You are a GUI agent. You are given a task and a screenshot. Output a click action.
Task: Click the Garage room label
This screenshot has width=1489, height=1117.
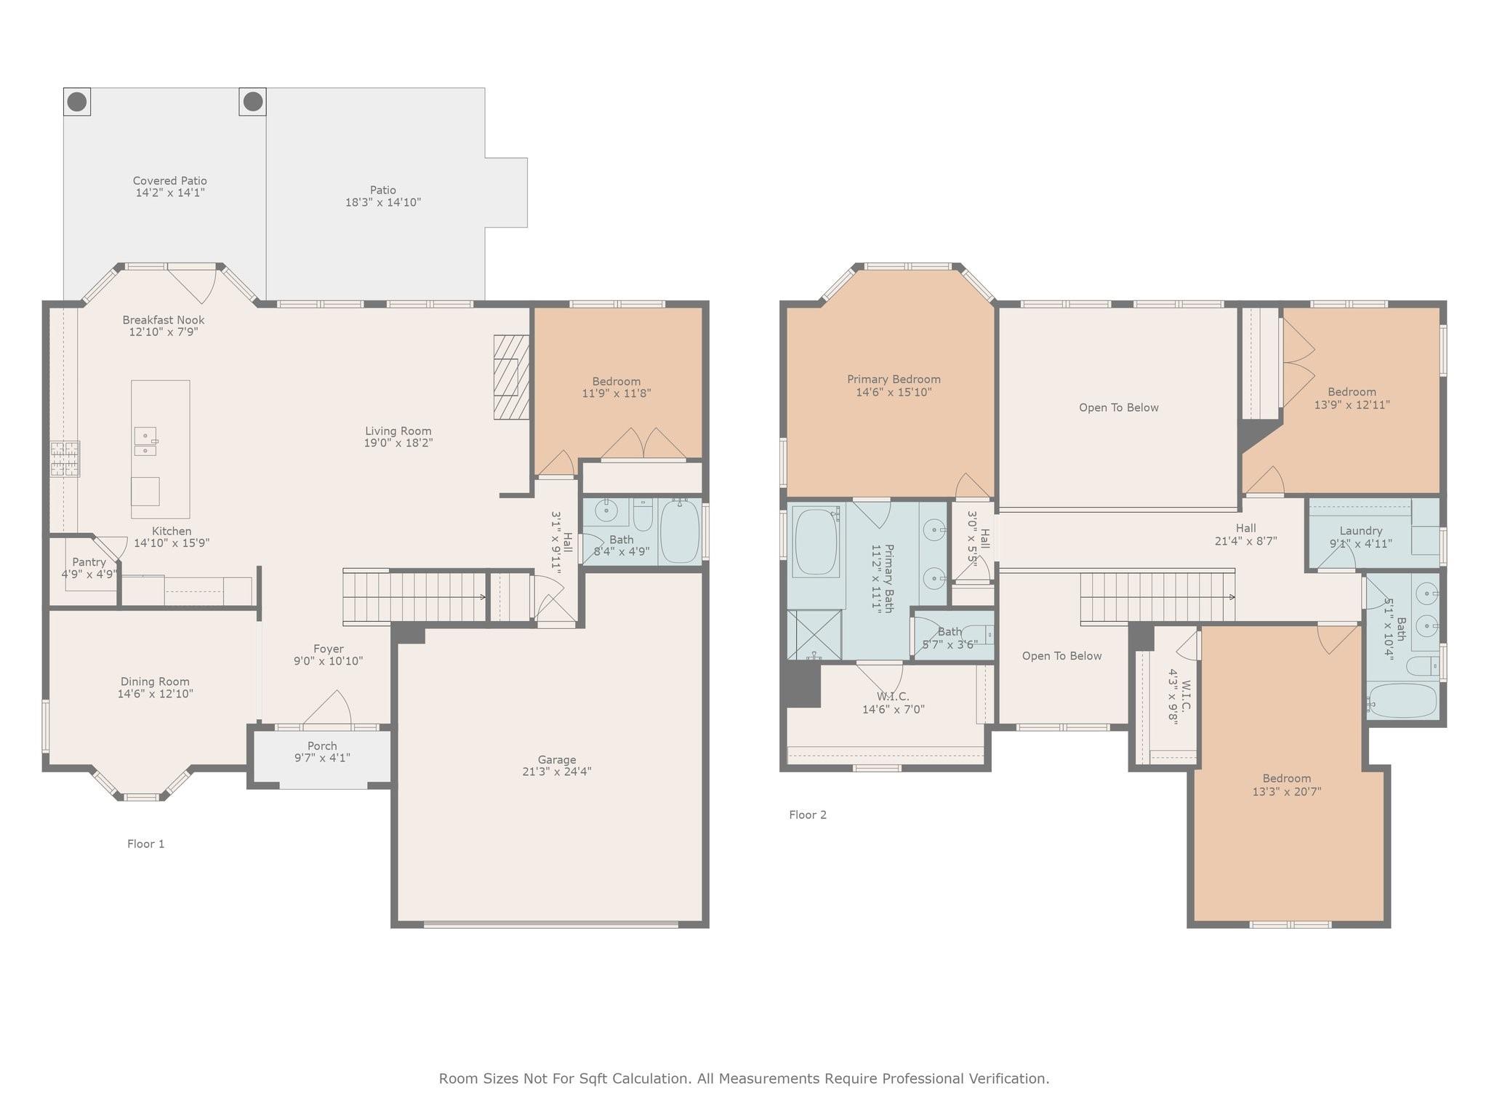point(556,760)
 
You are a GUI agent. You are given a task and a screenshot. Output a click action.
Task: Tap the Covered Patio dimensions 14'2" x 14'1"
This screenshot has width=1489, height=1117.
point(170,193)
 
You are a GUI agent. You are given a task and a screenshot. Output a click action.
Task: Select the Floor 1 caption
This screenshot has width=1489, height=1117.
point(146,844)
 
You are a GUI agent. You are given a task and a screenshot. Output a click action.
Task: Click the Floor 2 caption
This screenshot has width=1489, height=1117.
point(808,814)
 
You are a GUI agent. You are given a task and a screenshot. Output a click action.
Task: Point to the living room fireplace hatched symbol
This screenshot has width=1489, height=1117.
point(511,377)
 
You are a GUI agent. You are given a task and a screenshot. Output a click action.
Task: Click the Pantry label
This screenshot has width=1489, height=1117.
point(89,562)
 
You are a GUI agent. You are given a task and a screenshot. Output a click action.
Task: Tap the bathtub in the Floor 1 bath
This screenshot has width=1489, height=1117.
point(680,531)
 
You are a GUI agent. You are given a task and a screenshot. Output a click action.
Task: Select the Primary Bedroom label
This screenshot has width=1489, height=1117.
point(894,379)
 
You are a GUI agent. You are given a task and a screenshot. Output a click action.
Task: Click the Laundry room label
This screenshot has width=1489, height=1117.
point(1360,531)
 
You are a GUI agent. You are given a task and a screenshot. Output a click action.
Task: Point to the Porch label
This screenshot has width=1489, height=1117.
point(322,745)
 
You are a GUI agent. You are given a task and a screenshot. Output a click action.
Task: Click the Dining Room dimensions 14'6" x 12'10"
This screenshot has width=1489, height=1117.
point(155,694)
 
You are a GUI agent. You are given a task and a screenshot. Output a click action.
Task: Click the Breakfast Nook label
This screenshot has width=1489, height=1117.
point(164,320)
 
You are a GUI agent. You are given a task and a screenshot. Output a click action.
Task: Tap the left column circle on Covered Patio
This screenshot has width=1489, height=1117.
point(77,102)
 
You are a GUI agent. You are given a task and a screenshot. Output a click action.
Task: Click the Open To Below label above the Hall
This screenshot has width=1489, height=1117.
point(1118,407)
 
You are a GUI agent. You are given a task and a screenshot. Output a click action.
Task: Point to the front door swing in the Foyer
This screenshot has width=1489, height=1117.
point(331,709)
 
